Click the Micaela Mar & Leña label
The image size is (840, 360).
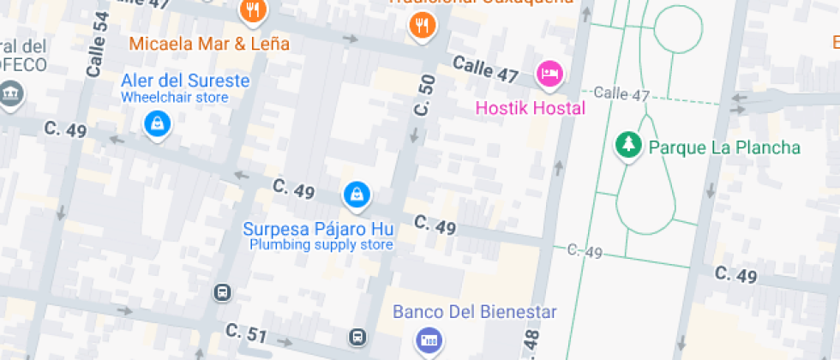[x=209, y=43]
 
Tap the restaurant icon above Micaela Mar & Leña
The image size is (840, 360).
[x=253, y=11]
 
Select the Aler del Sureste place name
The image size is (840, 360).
[x=185, y=81]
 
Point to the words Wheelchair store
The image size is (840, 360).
[x=174, y=97]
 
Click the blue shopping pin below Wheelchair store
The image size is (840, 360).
[x=158, y=125]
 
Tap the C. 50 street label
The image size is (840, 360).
[x=424, y=97]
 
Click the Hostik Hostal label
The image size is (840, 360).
[x=531, y=108]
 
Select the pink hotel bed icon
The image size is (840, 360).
[x=549, y=74]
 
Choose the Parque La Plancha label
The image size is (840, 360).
[x=724, y=147]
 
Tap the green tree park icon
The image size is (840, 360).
[x=628, y=144]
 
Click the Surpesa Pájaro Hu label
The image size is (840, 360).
[x=318, y=229]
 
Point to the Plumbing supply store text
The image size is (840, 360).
[x=321, y=245]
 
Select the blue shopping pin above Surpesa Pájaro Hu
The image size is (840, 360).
[x=356, y=195]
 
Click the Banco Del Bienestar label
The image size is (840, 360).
[x=475, y=312]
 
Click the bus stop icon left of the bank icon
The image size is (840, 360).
[x=358, y=338]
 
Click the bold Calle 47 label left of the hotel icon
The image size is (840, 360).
[x=485, y=69]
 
